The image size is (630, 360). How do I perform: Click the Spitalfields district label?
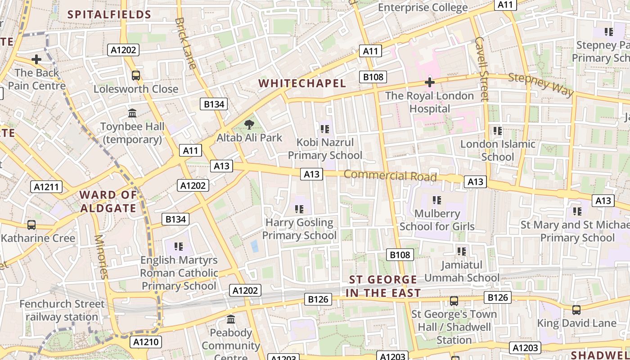109,14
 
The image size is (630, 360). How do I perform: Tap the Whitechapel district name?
302,83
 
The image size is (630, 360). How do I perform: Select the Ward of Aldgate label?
108,202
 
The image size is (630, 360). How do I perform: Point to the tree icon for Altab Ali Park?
248,125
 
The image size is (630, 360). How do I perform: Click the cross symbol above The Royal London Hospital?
430,82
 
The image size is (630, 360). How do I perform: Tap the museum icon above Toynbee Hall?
132,113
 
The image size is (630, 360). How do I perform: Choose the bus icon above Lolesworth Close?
135,76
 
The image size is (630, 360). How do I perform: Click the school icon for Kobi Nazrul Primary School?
324,129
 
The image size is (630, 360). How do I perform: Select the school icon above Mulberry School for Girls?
436,200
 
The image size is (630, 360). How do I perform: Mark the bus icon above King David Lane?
576,310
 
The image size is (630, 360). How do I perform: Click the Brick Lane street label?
185,43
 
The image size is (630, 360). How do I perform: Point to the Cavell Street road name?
481,69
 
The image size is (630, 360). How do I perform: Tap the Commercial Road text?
390,175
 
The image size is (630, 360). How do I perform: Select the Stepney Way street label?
541,84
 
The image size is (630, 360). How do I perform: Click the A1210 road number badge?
146,342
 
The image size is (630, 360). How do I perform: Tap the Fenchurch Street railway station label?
62,310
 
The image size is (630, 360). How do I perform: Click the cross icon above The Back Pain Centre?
36,59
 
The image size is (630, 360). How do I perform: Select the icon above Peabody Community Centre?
231,319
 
